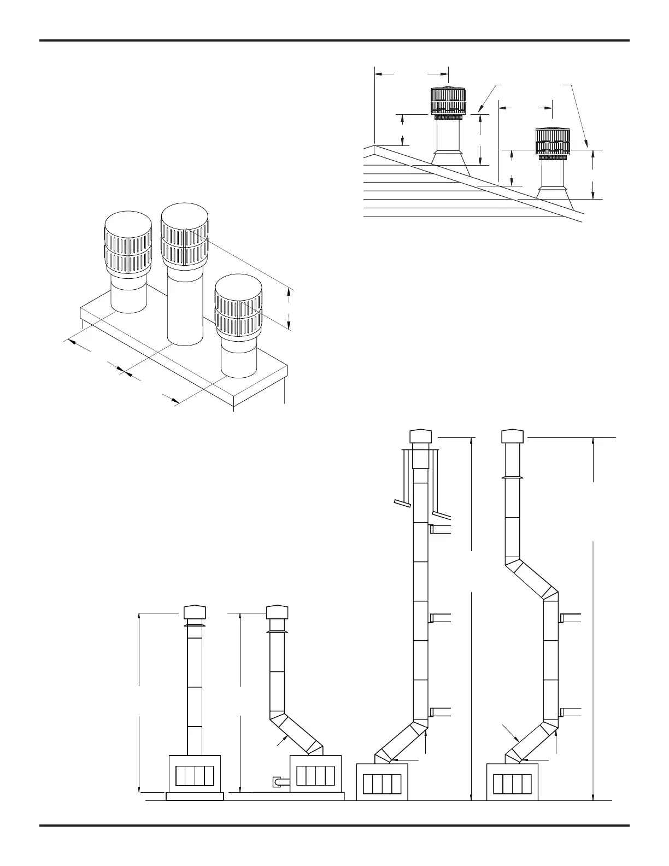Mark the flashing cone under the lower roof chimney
coord(553,194)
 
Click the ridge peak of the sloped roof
coord(374,146)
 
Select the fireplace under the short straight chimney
coord(195,773)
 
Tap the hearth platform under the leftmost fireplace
coord(195,796)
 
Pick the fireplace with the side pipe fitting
coord(315,773)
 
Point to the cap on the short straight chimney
coord(195,611)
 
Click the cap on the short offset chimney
coord(277,611)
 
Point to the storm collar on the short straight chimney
coord(195,625)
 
